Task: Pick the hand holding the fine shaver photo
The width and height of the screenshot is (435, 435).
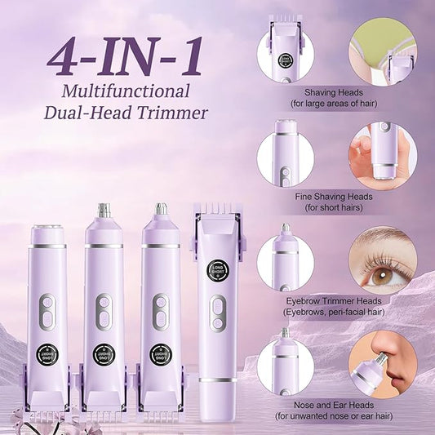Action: pos(377,155)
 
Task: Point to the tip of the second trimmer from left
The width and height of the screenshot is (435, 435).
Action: pos(103,211)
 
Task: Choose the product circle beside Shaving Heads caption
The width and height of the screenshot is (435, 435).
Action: pos(285,51)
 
